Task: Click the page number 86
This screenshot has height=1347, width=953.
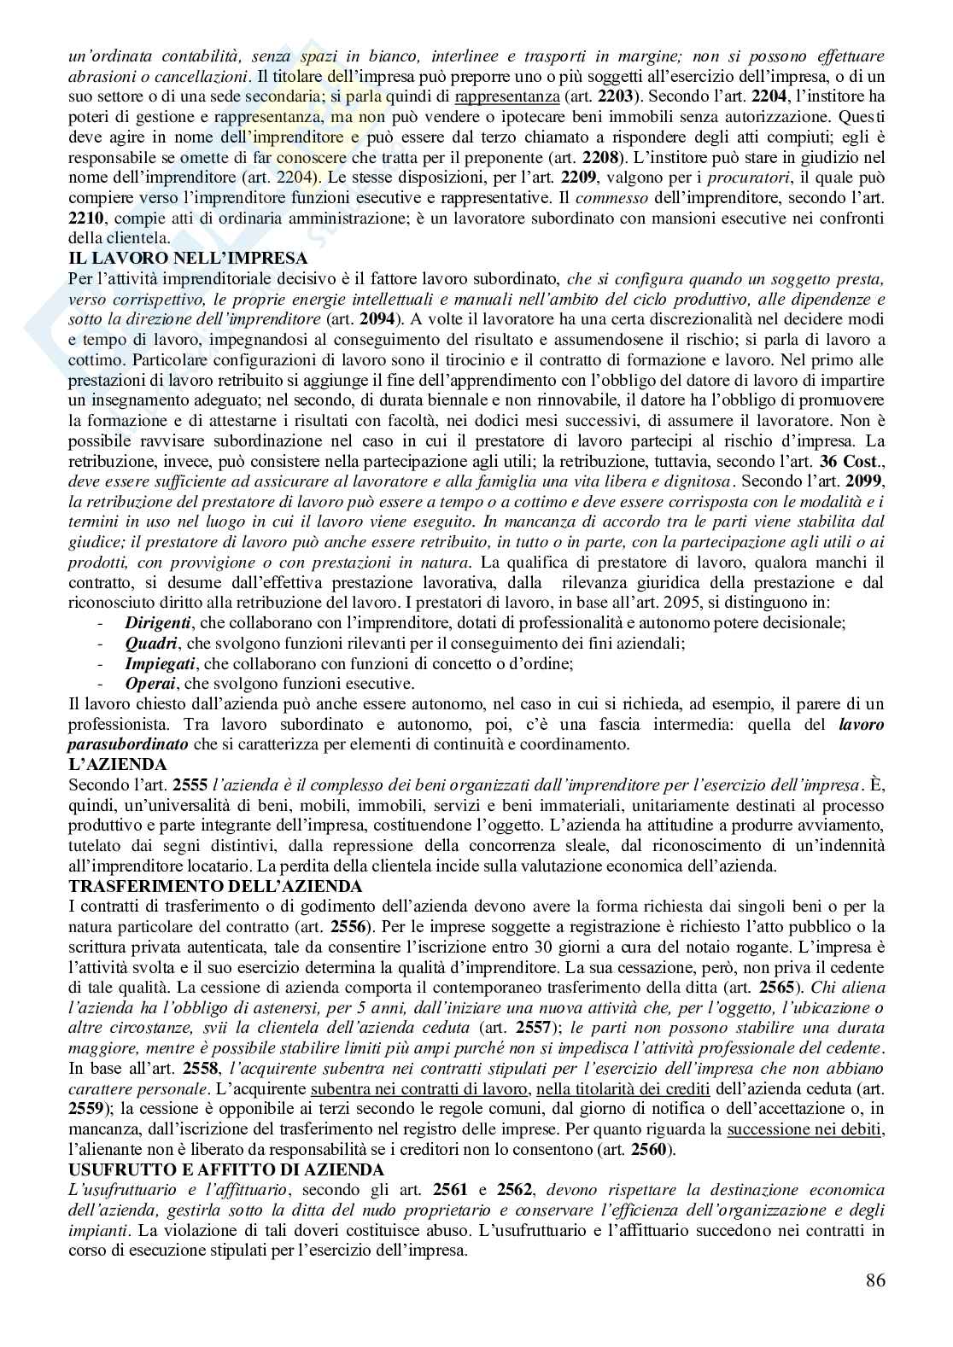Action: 874,1280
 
